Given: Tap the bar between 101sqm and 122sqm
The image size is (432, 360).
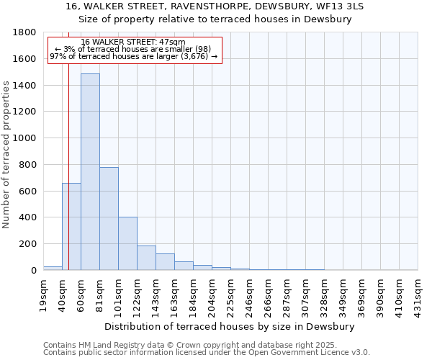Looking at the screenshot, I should tap(127, 243).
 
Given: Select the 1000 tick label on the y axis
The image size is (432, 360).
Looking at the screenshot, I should tap(27, 138).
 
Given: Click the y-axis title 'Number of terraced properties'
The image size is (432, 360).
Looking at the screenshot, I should tap(7, 155).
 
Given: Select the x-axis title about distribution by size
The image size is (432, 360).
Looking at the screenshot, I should tap(230, 326).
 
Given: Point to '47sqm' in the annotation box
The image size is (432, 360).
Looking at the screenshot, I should tap(173, 42).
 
